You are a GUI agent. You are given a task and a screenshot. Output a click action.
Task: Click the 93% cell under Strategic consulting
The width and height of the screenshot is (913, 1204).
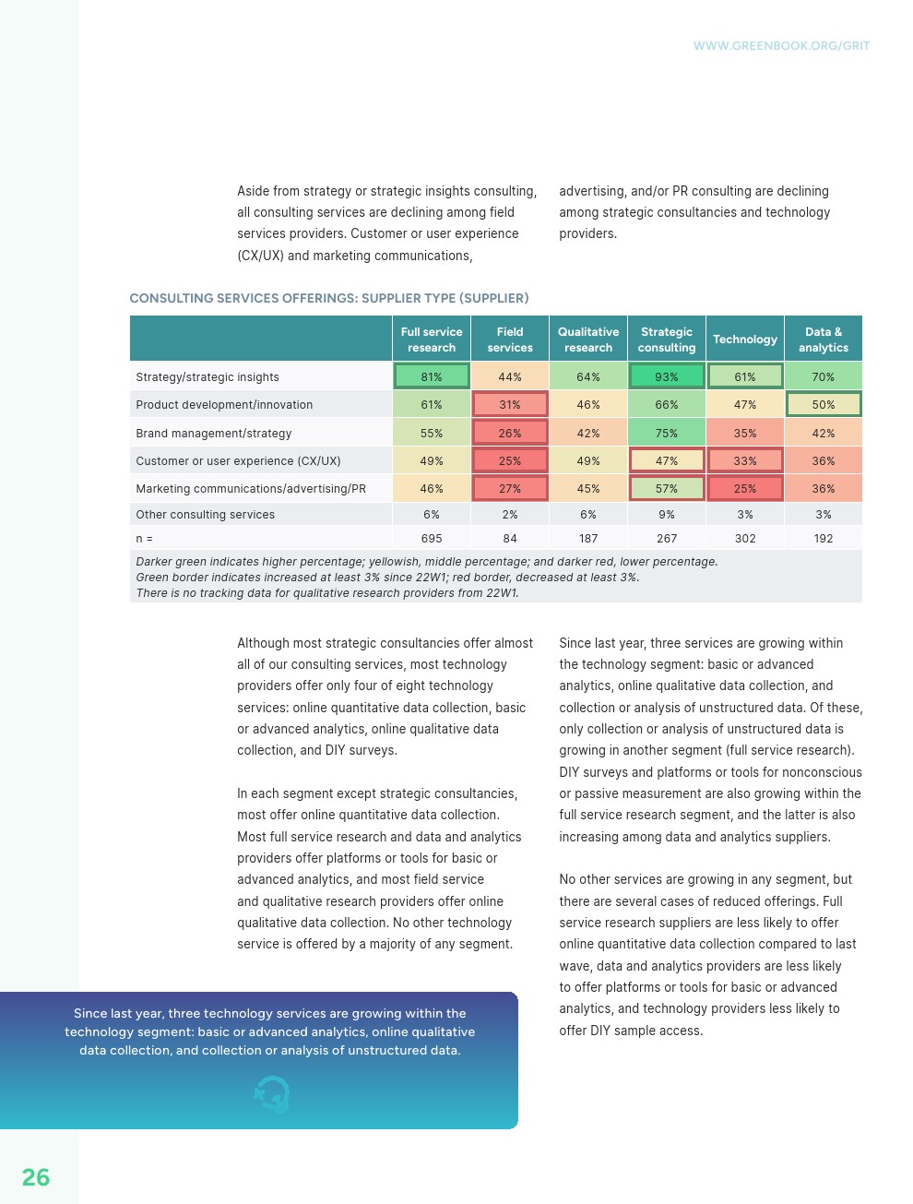(667, 376)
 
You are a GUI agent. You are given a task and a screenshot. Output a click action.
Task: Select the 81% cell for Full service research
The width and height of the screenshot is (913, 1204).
(432, 376)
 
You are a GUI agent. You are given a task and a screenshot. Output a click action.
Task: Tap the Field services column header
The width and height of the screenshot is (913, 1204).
(510, 340)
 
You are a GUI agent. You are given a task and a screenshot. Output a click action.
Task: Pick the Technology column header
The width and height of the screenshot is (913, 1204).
(745, 340)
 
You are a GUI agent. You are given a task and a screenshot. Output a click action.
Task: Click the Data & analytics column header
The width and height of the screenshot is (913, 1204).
(824, 340)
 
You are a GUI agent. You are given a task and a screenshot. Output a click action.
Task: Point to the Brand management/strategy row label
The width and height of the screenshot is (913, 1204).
(214, 434)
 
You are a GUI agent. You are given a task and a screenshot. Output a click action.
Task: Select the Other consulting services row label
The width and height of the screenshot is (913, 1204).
(206, 515)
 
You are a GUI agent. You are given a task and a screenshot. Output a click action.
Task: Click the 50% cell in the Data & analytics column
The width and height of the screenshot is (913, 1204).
(824, 404)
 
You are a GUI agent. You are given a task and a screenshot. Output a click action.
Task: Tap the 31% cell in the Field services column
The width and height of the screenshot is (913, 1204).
(510, 404)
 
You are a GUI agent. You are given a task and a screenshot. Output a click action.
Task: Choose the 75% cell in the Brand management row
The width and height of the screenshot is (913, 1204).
(667, 433)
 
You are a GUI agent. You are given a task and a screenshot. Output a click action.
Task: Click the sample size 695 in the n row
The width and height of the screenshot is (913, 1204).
(432, 539)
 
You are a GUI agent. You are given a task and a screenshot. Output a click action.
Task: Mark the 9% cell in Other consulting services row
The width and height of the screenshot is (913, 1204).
(667, 515)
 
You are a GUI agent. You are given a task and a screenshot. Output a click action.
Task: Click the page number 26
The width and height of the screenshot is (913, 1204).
(36, 1177)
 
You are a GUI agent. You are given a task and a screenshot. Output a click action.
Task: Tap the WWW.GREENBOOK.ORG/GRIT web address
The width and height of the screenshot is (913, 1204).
(781, 46)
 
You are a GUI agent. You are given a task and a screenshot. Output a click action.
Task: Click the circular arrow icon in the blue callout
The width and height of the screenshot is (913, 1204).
(272, 1094)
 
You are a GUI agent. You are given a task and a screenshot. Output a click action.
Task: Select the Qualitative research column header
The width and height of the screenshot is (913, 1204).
(588, 340)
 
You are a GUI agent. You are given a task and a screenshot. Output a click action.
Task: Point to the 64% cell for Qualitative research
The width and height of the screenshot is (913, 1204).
(588, 376)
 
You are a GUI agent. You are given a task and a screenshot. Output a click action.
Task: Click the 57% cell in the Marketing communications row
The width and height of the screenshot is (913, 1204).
(667, 489)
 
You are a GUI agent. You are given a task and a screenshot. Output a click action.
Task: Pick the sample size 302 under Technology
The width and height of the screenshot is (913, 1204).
(745, 539)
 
